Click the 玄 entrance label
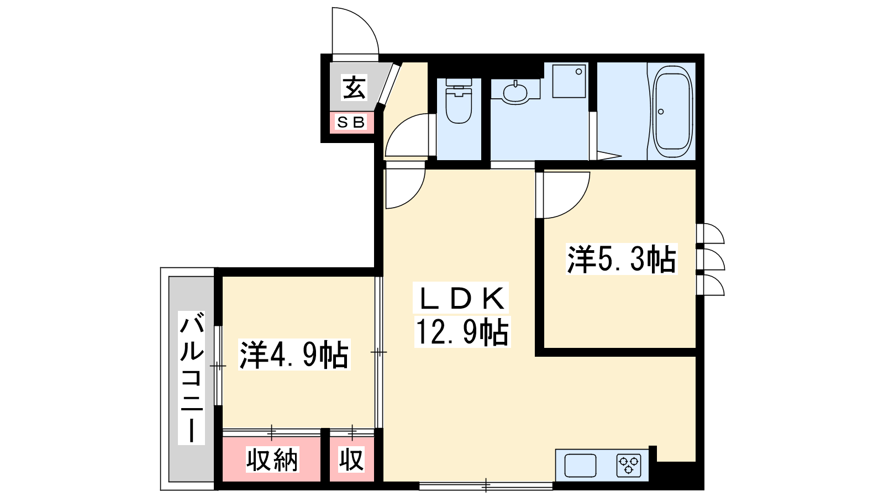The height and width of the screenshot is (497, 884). pyautogui.click(x=354, y=88)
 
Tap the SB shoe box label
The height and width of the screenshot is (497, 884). pyautogui.click(x=350, y=123)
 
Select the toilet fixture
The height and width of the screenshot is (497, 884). pyautogui.click(x=459, y=101)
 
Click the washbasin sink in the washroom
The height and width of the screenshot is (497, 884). pyautogui.click(x=515, y=92)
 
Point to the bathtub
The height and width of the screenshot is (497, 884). pyautogui.click(x=673, y=112)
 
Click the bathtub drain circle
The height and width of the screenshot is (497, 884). pyautogui.click(x=661, y=112)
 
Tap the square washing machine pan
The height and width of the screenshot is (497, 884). pyautogui.click(x=569, y=81)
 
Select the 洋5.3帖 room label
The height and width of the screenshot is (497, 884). pyautogui.click(x=622, y=259)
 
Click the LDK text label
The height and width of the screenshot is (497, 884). pyautogui.click(x=461, y=298)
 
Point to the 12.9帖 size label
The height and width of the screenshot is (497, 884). pyautogui.click(x=462, y=332)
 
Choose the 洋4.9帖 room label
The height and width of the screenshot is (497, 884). pyautogui.click(x=294, y=355)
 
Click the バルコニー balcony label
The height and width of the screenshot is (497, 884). pyautogui.click(x=191, y=378)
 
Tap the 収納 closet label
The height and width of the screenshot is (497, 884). pyautogui.click(x=272, y=459)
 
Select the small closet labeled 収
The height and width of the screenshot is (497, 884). pyautogui.click(x=351, y=459)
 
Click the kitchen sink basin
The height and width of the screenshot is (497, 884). pyautogui.click(x=580, y=466)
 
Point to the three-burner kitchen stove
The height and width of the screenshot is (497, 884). pyautogui.click(x=628, y=466)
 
